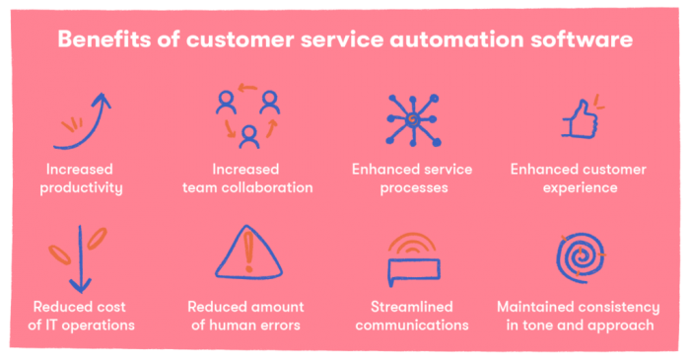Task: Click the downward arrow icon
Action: coord(81,258)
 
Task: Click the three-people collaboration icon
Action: coord(247,116)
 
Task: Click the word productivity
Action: coord(80,187)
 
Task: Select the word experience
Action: coord(579,187)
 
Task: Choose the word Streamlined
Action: coord(414,307)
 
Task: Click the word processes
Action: coord(414,187)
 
